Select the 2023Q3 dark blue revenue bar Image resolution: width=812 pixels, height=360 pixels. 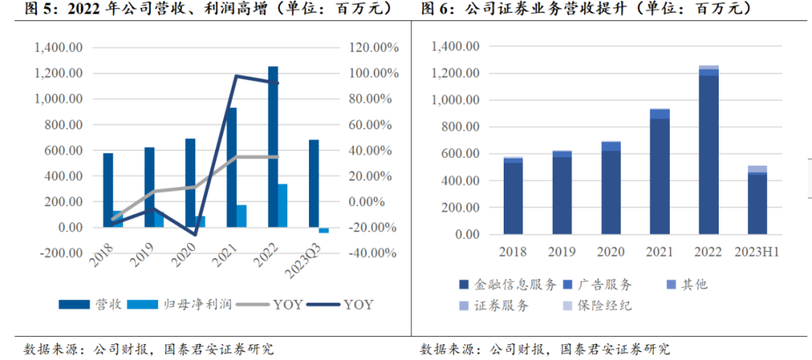tap(314, 183)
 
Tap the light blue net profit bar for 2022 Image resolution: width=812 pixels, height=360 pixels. tap(283, 205)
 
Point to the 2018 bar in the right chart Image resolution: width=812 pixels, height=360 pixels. tap(514, 195)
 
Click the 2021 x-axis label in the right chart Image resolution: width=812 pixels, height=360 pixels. tap(659, 252)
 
